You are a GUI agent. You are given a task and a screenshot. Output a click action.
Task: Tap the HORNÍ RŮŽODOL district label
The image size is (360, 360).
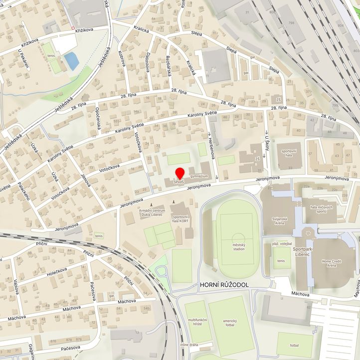click(x=223, y=285)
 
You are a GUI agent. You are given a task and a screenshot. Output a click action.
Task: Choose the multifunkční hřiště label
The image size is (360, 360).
click(x=197, y=322)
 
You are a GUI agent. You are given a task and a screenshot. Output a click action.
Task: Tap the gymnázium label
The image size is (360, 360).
click(x=198, y=177)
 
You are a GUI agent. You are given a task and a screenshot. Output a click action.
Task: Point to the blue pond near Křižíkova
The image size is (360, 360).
click(x=71, y=61)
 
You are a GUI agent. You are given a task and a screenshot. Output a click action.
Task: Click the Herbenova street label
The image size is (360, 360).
click(x=211, y=148)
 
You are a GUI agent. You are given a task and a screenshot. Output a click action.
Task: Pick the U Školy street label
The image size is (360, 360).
click(x=267, y=145)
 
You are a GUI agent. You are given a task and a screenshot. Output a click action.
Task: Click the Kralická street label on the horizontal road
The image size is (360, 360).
click(x=141, y=29)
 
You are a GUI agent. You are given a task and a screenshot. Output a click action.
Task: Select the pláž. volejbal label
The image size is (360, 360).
click(x=282, y=243)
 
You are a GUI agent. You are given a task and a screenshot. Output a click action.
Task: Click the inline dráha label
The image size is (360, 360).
click(x=189, y=345)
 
